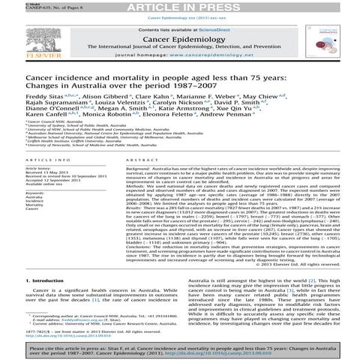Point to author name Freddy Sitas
coord(22,97)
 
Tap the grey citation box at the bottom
coord(179,350)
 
